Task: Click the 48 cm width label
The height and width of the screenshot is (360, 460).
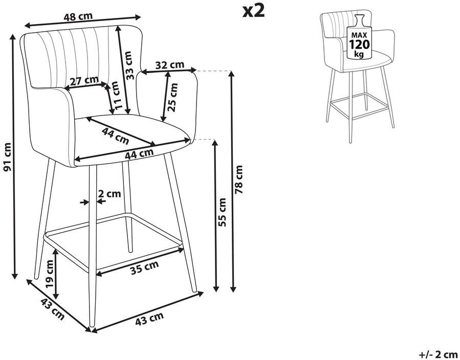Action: pyautogui.click(x=78, y=16)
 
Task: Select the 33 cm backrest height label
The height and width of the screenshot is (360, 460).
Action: pyautogui.click(x=128, y=65)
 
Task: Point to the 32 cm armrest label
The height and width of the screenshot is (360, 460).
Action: pyautogui.click(x=169, y=65)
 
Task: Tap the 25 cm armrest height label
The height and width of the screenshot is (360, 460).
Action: pyautogui.click(x=173, y=97)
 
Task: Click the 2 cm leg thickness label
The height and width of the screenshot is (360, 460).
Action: pyautogui.click(x=109, y=193)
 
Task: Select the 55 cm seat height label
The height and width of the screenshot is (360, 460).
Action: pyautogui.click(x=222, y=212)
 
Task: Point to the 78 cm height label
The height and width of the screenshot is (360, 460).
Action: pyautogui.click(x=239, y=179)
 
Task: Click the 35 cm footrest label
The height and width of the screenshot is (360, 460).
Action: pyautogui.click(x=144, y=267)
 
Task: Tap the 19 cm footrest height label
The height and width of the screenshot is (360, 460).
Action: pyautogui.click(x=49, y=274)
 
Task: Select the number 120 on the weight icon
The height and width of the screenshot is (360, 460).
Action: pyautogui.click(x=359, y=44)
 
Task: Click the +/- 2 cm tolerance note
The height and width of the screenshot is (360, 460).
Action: pyautogui.click(x=439, y=354)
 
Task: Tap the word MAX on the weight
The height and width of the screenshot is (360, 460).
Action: pyautogui.click(x=359, y=35)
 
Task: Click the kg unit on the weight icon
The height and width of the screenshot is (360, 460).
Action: pyautogui.click(x=359, y=54)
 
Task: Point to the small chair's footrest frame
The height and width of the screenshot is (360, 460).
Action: pyautogui.click(x=360, y=105)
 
